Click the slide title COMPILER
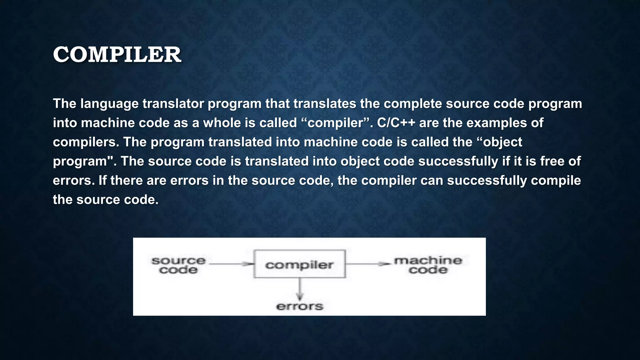tap(117, 55)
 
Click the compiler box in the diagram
tap(299, 264)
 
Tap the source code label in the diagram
tap(178, 265)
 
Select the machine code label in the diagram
tap(428, 265)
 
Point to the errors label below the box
tap(299, 306)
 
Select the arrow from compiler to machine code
tap(367, 264)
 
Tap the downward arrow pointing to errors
tap(300, 289)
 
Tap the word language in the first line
tap(109, 104)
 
